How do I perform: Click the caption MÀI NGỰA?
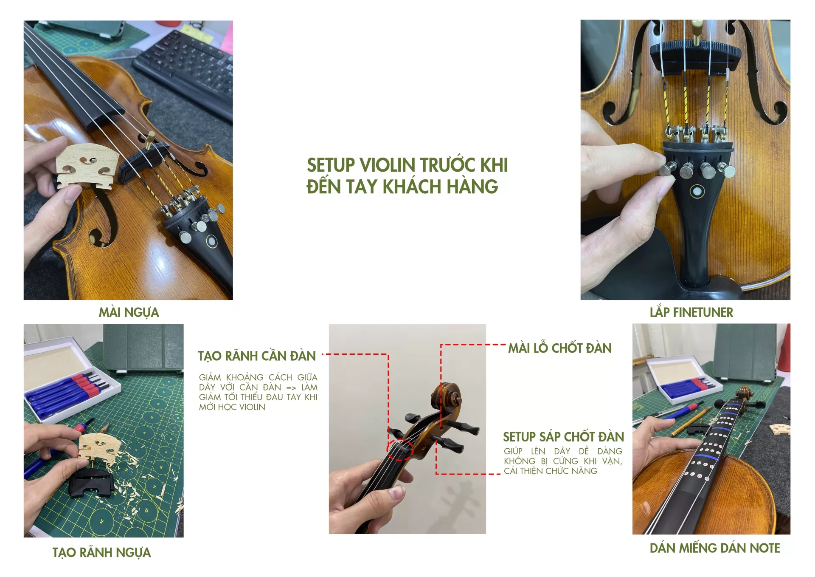[129, 312]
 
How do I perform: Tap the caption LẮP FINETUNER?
[691, 312]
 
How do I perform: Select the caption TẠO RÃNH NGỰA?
[101, 552]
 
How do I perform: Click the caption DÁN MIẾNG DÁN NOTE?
[715, 548]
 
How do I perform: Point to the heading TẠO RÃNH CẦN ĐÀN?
[257, 356]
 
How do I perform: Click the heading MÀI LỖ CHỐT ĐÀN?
[560, 348]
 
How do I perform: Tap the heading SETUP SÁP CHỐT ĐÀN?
[563, 437]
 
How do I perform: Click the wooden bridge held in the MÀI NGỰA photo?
[87, 165]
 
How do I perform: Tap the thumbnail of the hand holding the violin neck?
[407, 429]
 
